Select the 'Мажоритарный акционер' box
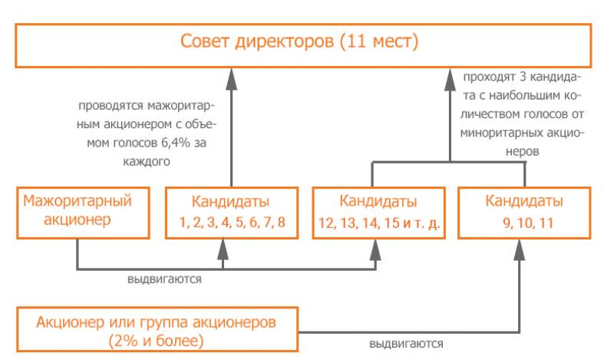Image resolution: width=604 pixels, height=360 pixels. [78, 211]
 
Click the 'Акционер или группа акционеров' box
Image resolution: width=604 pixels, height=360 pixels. [157, 329]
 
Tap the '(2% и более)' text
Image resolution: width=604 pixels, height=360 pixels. [156, 339]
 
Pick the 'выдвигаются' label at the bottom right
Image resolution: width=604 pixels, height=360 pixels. [406, 343]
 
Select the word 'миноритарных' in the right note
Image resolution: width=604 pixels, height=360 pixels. [498, 131]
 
